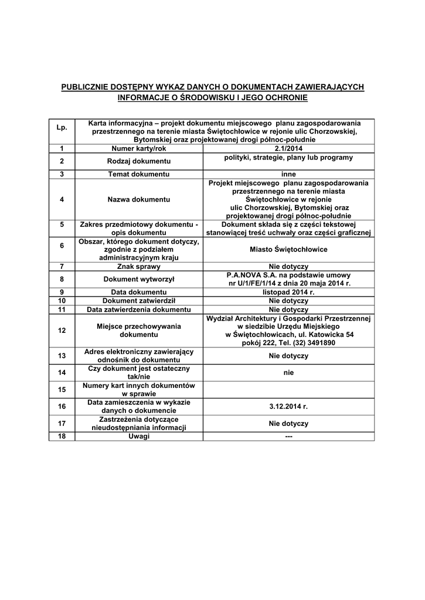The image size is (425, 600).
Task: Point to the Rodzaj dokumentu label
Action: (x=139, y=161)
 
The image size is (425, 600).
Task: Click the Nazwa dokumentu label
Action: (x=139, y=199)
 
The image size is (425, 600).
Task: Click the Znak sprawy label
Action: (x=139, y=266)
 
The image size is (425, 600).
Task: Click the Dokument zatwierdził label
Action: (x=139, y=301)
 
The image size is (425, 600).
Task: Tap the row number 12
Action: (x=62, y=330)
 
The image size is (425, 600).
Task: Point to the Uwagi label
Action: (x=139, y=436)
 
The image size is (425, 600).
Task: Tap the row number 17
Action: (x=62, y=423)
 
